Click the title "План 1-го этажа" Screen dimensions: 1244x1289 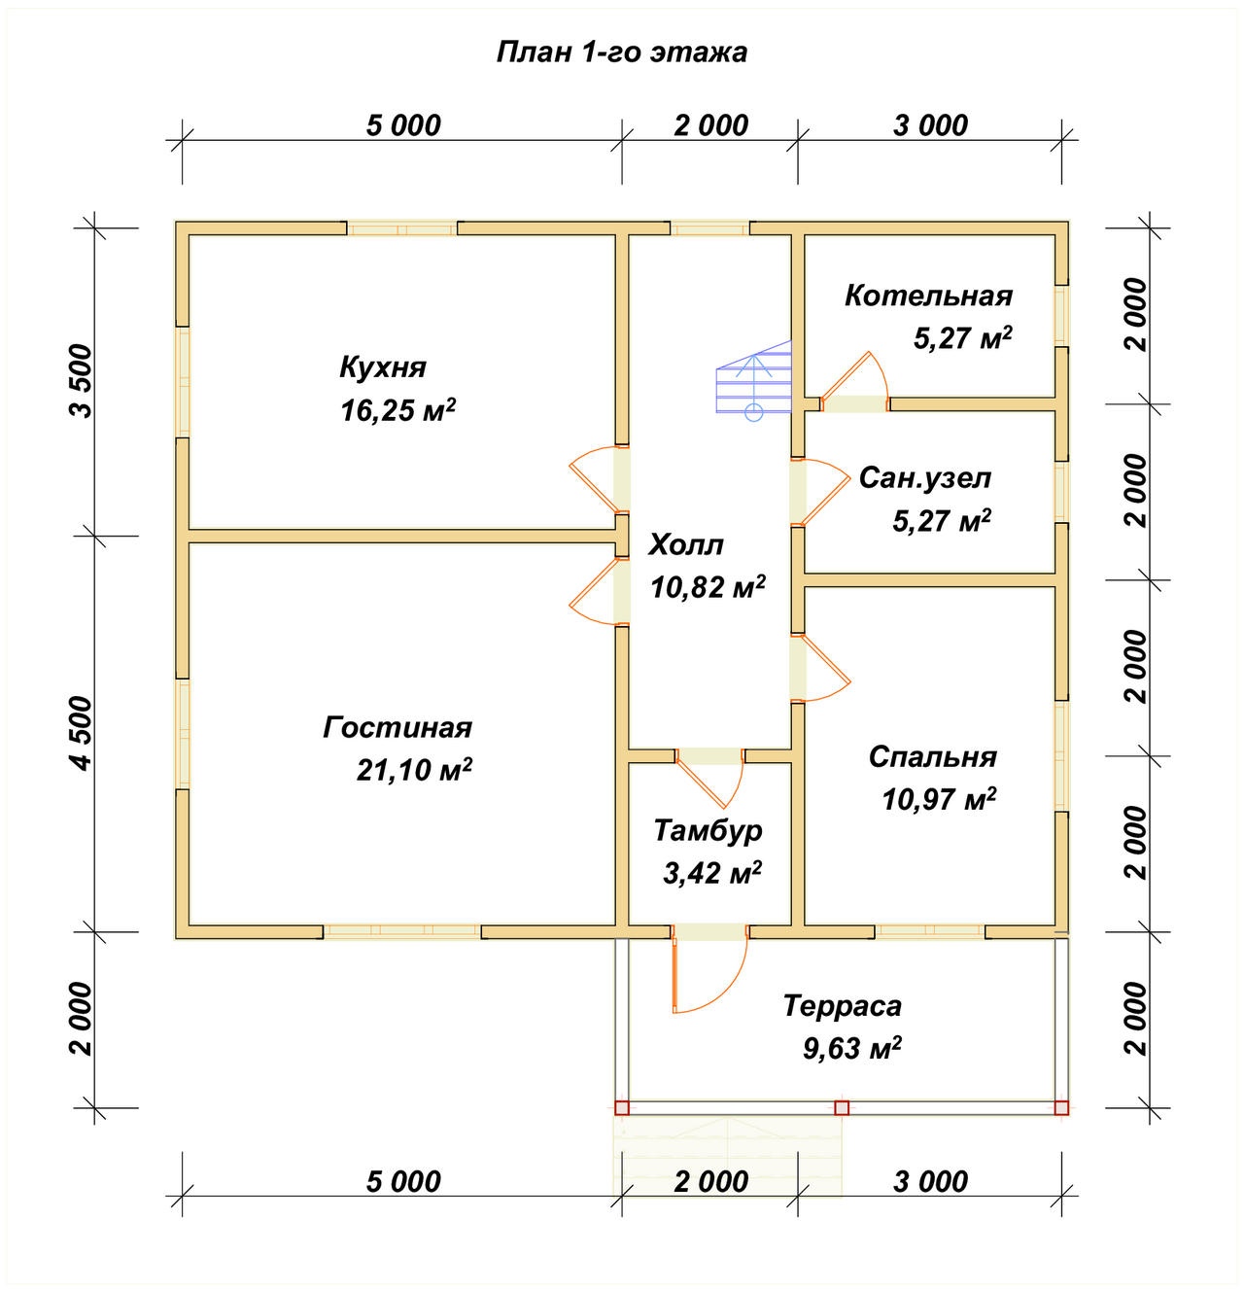[621, 52]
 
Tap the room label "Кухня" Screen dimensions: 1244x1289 [383, 366]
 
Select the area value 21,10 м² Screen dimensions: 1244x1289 [414, 769]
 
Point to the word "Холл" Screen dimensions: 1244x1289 [685, 544]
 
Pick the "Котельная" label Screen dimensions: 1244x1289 [928, 296]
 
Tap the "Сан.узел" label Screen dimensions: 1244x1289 [924, 478]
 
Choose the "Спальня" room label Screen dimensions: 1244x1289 [933, 757]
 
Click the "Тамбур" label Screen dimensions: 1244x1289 [708, 831]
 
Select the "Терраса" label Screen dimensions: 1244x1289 [843, 1006]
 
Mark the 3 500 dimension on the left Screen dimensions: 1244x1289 [83, 380]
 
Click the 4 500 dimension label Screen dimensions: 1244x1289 [83, 733]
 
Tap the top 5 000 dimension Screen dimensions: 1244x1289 [403, 125]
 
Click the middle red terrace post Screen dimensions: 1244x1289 [842, 1107]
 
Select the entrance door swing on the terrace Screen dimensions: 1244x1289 [709, 974]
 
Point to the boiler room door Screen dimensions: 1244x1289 [854, 380]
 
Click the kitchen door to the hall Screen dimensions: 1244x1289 [599, 479]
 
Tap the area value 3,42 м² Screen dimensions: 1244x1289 [712, 874]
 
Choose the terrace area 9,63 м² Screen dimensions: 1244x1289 [852, 1048]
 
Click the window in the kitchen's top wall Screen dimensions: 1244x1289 [402, 228]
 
